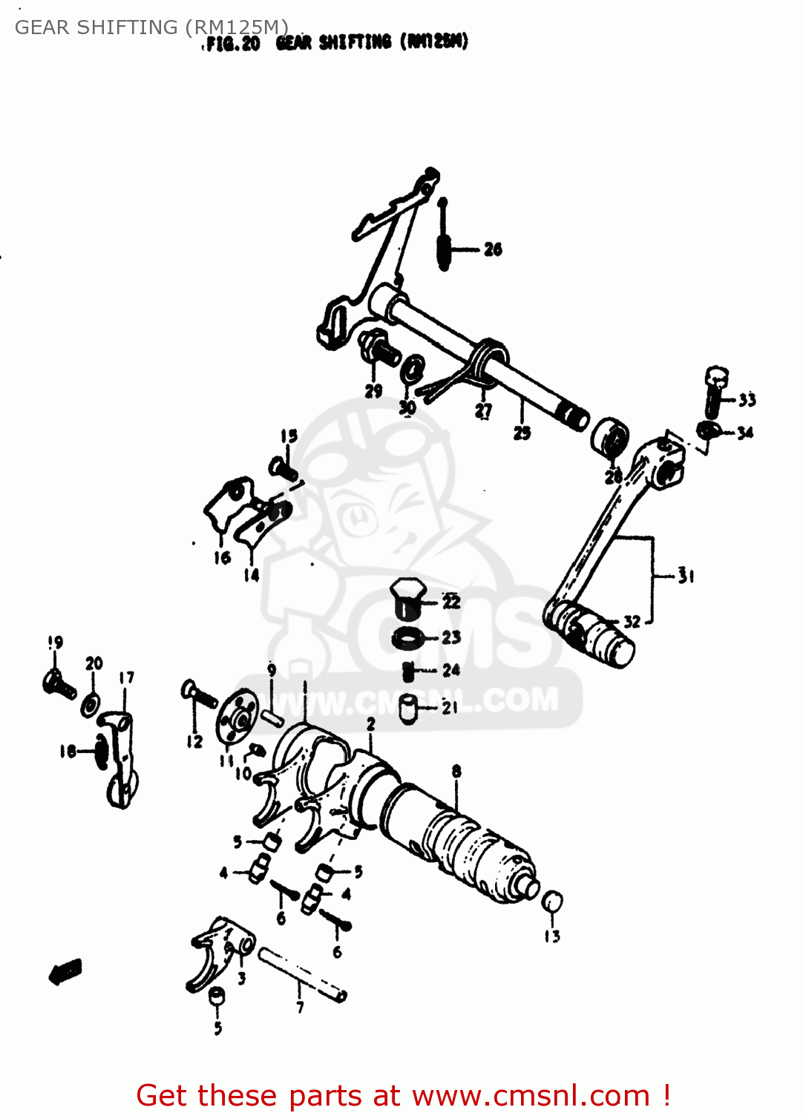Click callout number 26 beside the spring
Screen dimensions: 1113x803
493,249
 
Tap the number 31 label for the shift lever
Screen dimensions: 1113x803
686,575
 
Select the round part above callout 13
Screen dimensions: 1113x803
551,902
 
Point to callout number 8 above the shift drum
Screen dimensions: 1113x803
456,771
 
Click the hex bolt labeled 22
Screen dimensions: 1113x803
406,599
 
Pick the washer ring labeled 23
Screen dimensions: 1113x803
407,637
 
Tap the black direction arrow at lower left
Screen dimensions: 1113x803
65,971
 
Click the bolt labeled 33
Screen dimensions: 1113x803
715,393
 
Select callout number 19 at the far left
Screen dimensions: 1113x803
56,642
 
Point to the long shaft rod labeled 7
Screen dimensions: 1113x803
301,974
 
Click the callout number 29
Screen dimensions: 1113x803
373,391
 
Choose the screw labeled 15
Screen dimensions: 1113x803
283,469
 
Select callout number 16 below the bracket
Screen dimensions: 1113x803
222,557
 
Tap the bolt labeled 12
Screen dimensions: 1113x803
197,695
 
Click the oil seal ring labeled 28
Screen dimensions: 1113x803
610,439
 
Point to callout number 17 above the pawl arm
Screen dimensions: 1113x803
127,677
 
